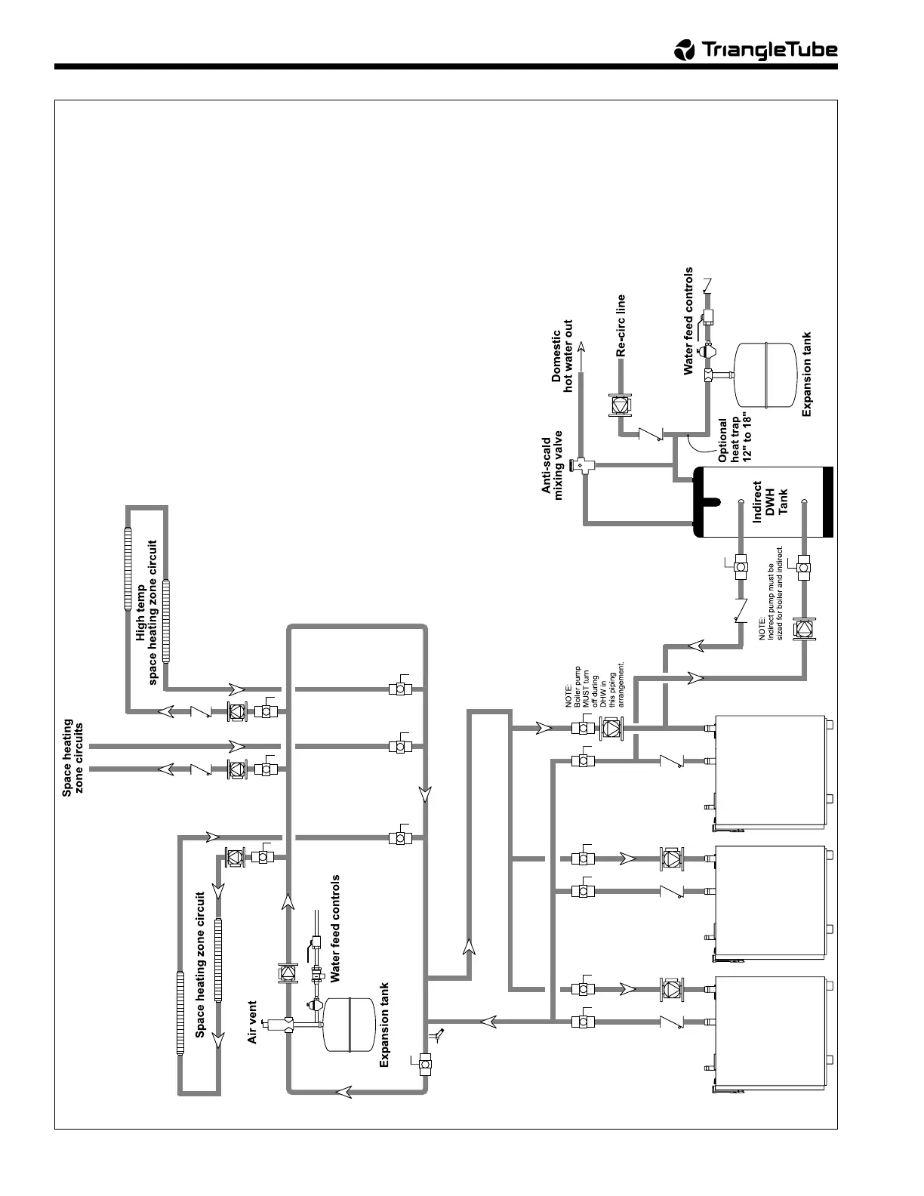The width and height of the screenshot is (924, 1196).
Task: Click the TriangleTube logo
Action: click(756, 50)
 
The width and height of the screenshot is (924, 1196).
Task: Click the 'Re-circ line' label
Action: click(621, 325)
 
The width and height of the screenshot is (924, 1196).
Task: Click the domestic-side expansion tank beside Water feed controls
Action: click(764, 374)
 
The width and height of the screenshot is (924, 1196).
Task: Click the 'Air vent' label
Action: click(253, 1023)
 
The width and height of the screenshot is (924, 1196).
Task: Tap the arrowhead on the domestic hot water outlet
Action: click(581, 348)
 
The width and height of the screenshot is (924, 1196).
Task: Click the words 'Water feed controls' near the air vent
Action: click(335, 928)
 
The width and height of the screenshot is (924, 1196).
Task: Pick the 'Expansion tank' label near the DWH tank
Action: click(806, 375)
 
